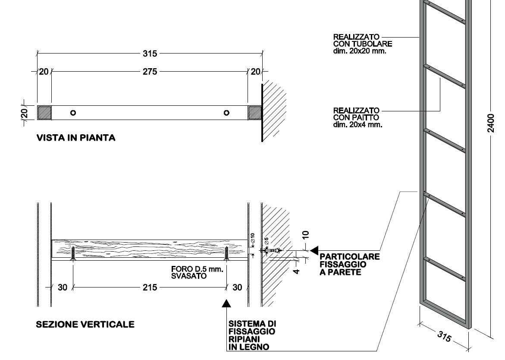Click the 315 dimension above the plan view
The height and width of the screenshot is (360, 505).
[150, 54]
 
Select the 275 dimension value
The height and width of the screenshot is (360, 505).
[150, 72]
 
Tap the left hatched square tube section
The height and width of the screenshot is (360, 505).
[44, 113]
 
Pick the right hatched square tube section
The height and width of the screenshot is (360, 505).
[254, 113]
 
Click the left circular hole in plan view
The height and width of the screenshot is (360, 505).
[73, 113]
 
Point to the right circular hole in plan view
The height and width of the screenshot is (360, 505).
[226, 113]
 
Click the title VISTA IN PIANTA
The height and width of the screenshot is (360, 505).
[76, 138]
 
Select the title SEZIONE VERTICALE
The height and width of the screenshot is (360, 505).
[85, 324]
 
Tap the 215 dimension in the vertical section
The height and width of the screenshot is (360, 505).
[150, 287]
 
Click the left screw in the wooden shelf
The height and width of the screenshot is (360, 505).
[74, 253]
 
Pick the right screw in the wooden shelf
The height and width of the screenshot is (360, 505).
[226, 253]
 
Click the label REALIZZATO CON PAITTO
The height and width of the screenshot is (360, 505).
[356, 117]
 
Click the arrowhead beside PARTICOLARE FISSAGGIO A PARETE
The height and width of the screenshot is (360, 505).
[314, 250]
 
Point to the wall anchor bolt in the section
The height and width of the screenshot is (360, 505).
[271, 250]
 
